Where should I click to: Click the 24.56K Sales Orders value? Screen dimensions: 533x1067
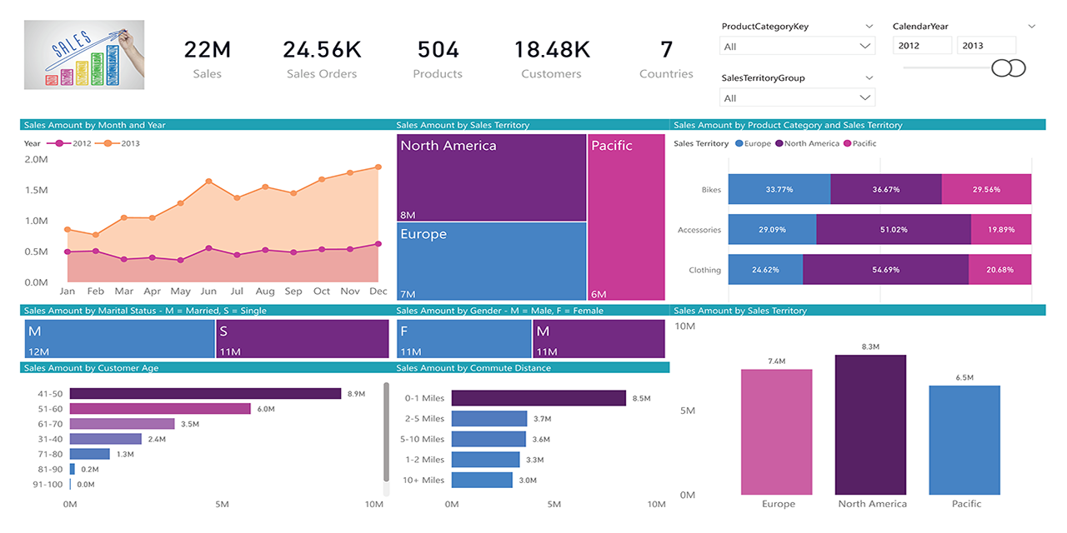tap(322, 50)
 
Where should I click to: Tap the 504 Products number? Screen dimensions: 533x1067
tap(438, 50)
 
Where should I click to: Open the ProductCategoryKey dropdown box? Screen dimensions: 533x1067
tap(797, 47)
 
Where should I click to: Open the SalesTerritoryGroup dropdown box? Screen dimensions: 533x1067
tap(797, 97)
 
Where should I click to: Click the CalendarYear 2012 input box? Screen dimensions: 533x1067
tap(924, 46)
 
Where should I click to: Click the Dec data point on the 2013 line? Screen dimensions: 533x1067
tap(378, 167)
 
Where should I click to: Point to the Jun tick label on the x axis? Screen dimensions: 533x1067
tap(208, 291)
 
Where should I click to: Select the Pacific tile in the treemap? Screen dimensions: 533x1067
tap(626, 217)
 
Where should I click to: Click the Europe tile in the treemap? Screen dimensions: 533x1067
tap(491, 261)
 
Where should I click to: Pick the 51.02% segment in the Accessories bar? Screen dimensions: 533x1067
tap(893, 230)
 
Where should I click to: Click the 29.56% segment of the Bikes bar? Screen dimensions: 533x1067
tap(986, 190)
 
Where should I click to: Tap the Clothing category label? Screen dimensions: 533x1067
tap(704, 270)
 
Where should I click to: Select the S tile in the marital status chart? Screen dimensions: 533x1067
tap(302, 339)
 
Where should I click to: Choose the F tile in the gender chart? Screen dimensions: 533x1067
tap(463, 339)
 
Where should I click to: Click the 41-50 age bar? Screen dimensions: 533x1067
tap(205, 393)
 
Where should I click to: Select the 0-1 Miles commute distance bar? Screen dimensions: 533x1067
tap(539, 398)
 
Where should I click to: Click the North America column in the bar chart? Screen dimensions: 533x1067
tap(870, 425)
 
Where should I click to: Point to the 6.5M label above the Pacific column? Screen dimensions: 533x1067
tap(964, 378)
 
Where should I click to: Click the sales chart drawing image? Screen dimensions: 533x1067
tap(84, 54)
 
